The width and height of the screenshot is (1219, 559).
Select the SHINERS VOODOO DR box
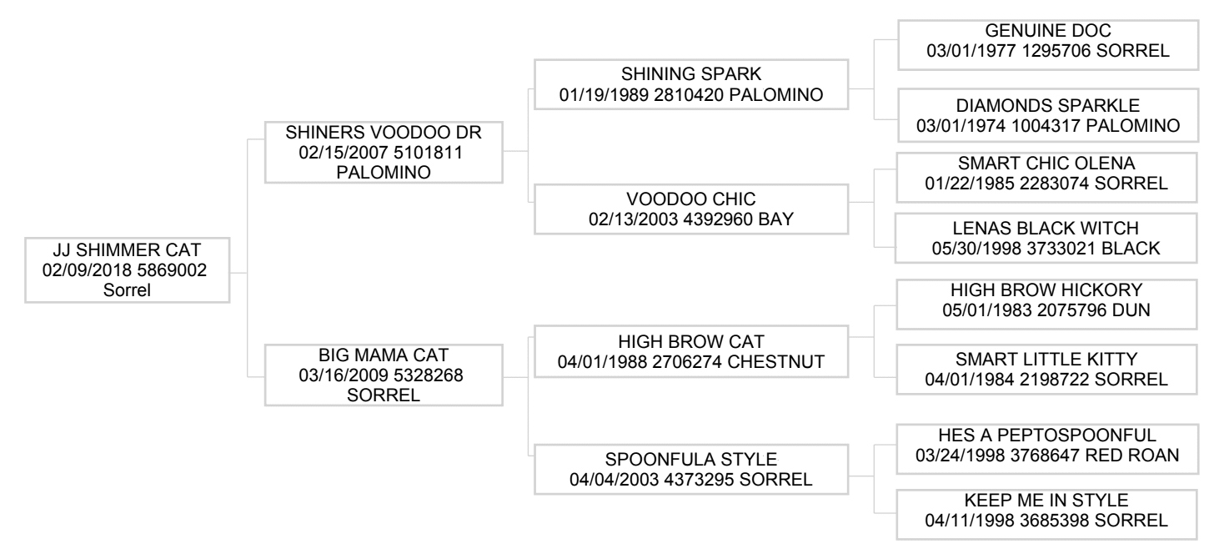coord(384,152)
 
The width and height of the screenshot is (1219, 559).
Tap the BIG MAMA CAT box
coord(384,375)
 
